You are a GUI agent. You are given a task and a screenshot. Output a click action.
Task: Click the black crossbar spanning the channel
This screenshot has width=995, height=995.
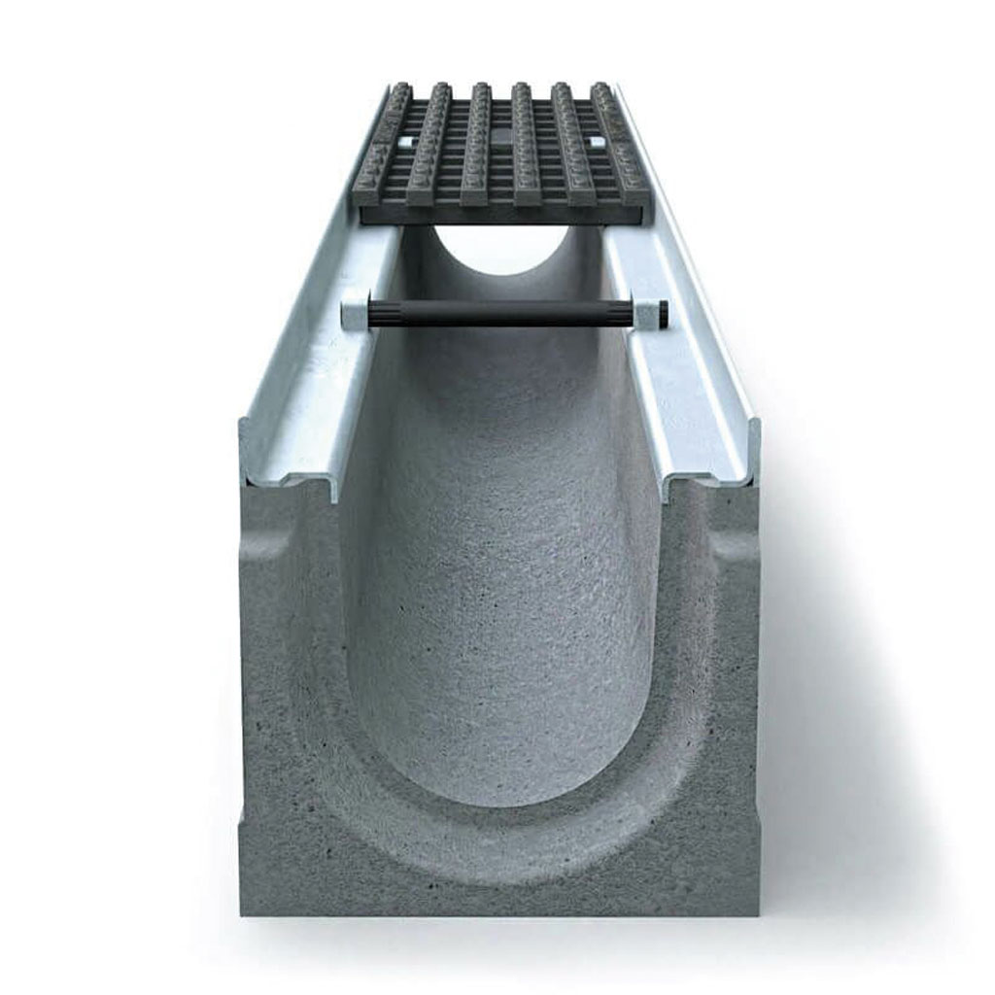[x=497, y=312]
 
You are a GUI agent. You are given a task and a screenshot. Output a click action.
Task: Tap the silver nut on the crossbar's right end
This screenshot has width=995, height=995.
[x=643, y=313]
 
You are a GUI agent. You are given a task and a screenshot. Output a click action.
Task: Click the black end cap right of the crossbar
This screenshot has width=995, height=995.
[x=663, y=313]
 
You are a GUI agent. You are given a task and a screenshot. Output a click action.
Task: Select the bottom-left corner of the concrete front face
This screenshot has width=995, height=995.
[x=243, y=911]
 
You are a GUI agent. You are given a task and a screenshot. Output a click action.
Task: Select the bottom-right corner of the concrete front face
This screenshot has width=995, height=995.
[x=756, y=911]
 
